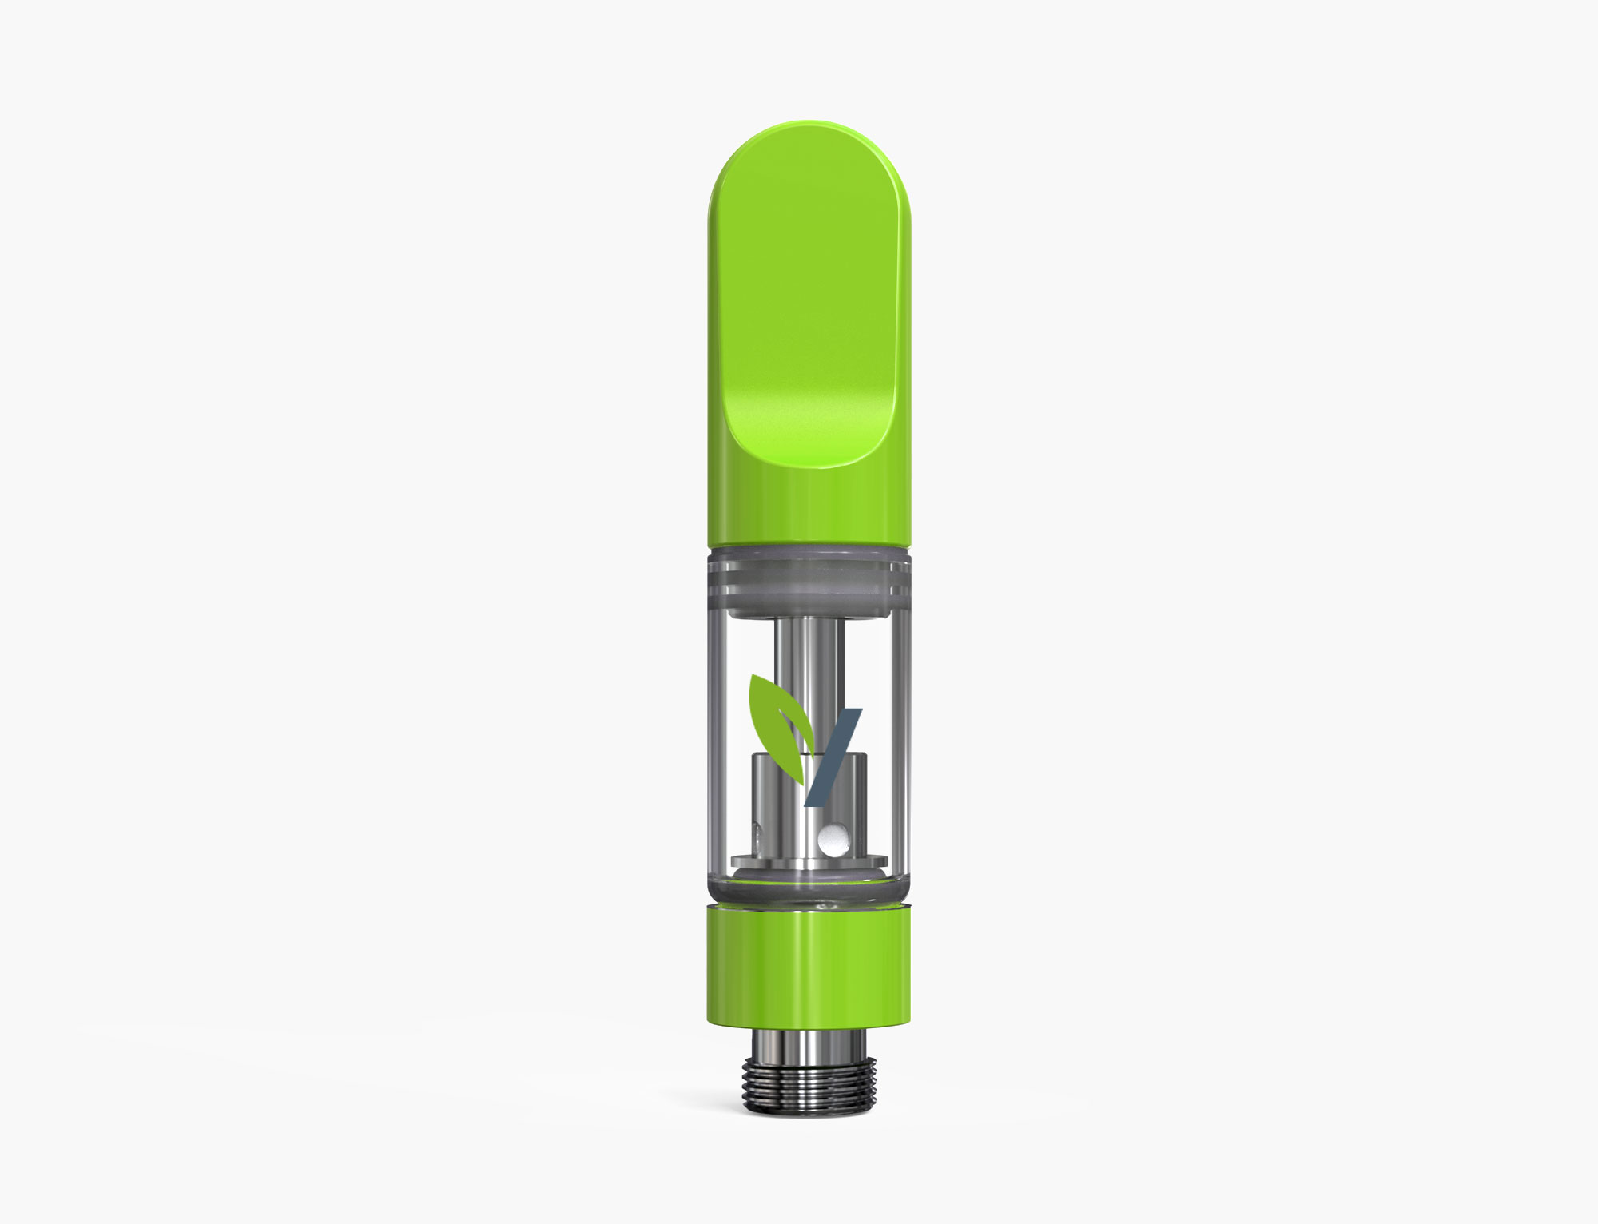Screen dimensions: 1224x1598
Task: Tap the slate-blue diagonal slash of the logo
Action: [833, 756]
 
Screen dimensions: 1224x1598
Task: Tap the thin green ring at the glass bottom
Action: [809, 899]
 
